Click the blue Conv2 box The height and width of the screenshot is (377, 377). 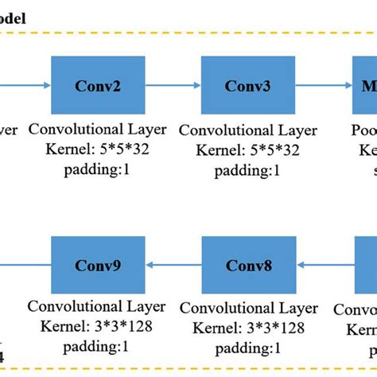coord(97,86)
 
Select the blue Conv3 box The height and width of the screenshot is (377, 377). coord(247,86)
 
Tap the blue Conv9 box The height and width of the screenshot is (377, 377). coord(97,266)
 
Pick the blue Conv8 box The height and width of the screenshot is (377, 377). coord(247,266)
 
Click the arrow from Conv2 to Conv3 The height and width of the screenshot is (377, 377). coord(172,86)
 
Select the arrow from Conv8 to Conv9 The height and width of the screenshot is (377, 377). coord(172,266)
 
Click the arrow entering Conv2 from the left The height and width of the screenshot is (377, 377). coord(24,86)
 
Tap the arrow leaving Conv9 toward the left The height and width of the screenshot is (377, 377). coord(24,266)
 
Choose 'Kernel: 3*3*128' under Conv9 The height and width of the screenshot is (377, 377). coord(97,326)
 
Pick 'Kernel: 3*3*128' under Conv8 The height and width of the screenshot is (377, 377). coord(247,326)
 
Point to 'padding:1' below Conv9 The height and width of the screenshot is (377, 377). coord(97,346)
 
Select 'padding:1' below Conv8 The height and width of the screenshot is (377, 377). coord(247,348)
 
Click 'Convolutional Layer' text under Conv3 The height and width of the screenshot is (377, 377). coord(247,130)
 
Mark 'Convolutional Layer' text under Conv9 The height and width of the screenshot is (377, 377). coord(97,307)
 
